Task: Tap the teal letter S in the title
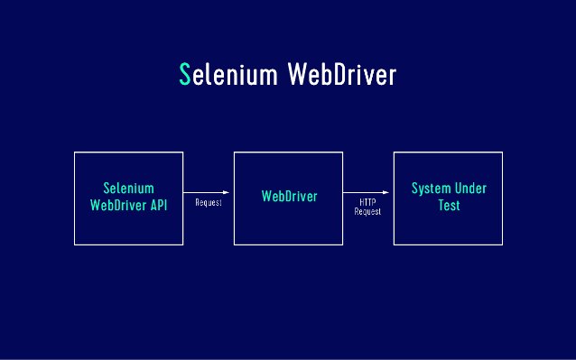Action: point(186,76)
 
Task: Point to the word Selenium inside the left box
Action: point(128,189)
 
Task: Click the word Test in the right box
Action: point(449,205)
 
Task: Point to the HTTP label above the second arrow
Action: point(367,202)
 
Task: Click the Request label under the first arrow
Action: point(209,203)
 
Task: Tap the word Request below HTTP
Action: point(367,211)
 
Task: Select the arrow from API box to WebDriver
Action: point(208,193)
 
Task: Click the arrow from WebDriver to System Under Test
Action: point(367,193)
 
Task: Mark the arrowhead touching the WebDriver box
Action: point(230,193)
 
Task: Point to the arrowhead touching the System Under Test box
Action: point(390,193)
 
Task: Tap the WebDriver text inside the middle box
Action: point(289,196)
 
